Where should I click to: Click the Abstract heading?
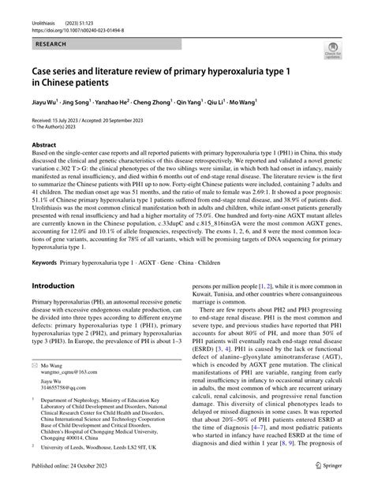click(44, 145)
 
